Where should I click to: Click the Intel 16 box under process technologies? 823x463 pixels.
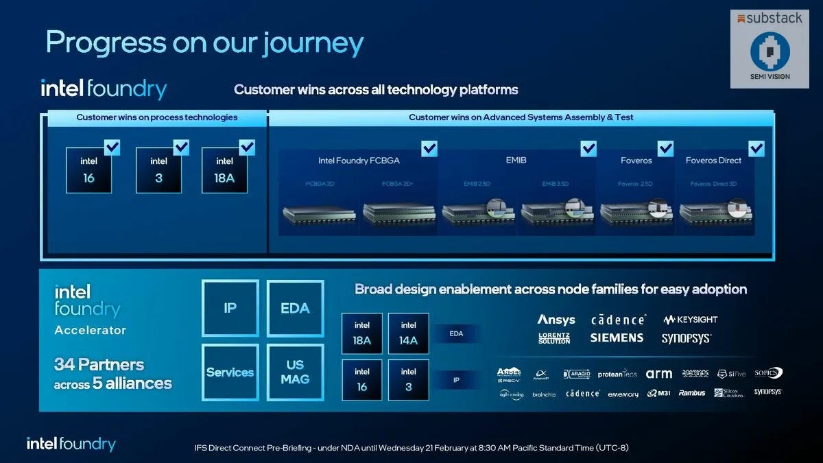[88, 169]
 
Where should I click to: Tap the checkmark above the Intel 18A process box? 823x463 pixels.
[248, 147]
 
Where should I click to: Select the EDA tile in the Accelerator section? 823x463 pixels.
[295, 308]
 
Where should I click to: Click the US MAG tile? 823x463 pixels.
[295, 372]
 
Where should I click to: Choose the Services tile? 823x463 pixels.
[230, 372]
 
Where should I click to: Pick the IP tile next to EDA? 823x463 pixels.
[230, 308]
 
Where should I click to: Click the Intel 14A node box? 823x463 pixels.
[408, 333]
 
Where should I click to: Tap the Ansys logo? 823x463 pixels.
[556, 320]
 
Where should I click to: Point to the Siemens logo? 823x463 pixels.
[617, 337]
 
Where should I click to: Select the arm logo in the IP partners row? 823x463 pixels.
[658, 374]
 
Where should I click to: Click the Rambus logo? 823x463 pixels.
[691, 393]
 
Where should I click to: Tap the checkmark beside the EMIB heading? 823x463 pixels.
[588, 148]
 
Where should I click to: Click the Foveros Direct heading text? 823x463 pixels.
[713, 161]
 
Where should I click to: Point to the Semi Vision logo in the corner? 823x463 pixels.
[770, 54]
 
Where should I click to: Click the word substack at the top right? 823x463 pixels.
[774, 19]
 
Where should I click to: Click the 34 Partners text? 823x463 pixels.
[99, 364]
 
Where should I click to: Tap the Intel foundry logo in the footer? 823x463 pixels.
[71, 444]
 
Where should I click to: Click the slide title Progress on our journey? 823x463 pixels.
[204, 43]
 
